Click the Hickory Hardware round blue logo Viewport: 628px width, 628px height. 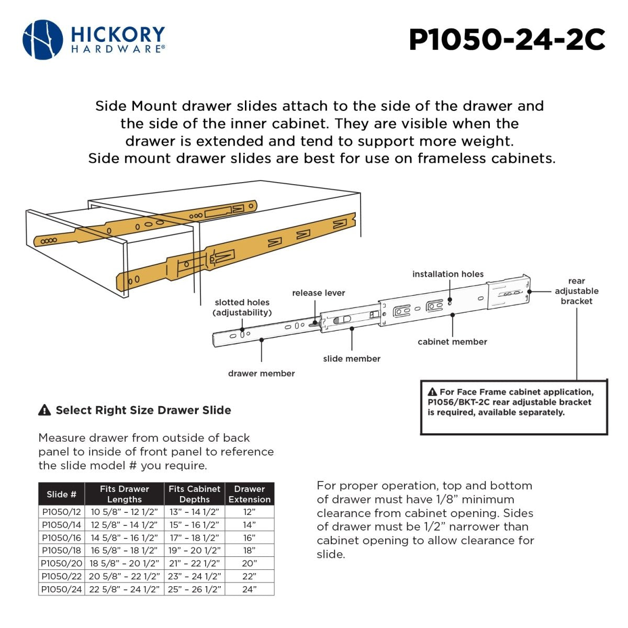[42, 40]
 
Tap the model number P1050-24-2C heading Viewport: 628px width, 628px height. [507, 39]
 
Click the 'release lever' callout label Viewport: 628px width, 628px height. [318, 293]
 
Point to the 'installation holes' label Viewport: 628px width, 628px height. [447, 274]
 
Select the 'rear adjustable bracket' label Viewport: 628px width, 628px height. [576, 291]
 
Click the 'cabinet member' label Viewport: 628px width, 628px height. [452, 342]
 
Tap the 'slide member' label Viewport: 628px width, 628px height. [352, 358]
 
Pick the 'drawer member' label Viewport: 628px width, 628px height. [261, 373]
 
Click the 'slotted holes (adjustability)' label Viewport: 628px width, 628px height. [242, 307]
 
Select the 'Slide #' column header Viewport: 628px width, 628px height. [61, 494]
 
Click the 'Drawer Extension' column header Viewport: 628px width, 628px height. [250, 494]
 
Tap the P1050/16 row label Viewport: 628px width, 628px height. [62, 537]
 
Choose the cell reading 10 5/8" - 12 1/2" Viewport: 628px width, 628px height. [125, 512]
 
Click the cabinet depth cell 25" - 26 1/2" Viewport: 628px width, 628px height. [195, 589]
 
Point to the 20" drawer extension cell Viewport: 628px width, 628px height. [250, 563]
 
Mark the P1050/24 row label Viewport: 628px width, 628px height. [62, 589]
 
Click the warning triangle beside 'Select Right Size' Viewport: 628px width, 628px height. [44, 410]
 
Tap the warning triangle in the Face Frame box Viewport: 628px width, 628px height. [432, 392]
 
